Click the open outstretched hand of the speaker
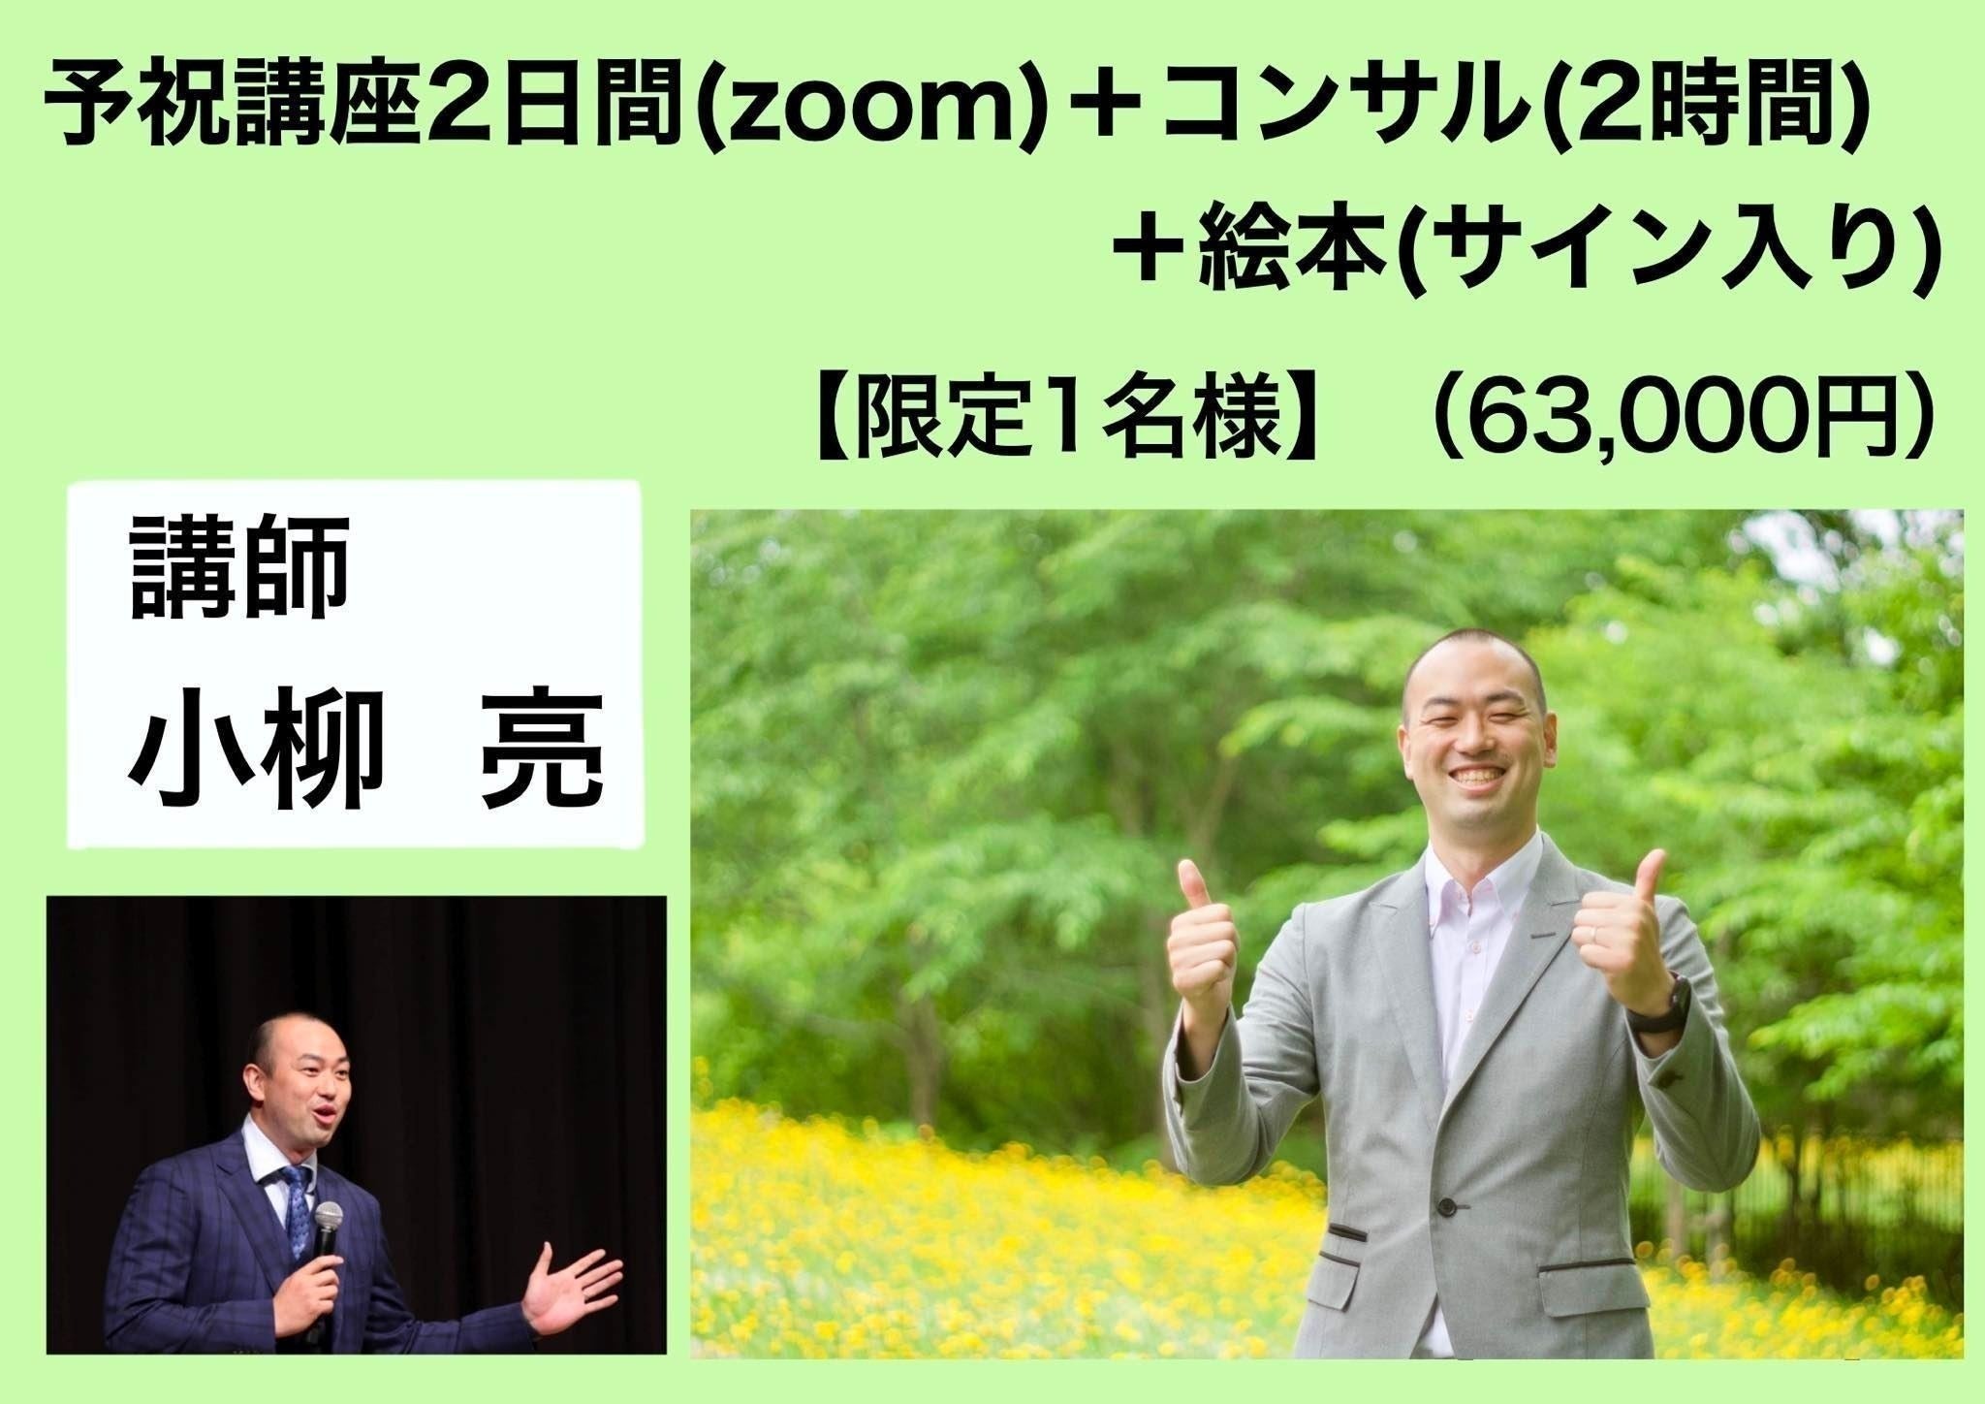pyautogui.click(x=572, y=1290)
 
